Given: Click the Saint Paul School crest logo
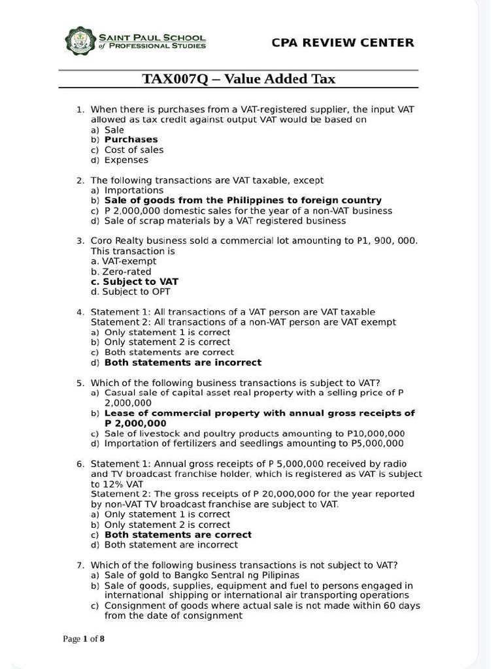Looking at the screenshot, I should click(80, 41).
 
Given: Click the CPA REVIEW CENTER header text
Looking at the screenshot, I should click(343, 42).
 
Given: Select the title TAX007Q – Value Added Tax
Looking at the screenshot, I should click(239, 79).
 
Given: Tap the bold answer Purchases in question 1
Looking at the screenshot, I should click(131, 139).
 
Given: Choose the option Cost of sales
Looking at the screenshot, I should click(134, 150).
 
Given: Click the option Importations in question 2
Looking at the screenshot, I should click(134, 190).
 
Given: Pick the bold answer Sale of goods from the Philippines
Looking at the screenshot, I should click(243, 200).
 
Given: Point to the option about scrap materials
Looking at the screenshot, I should click(225, 221).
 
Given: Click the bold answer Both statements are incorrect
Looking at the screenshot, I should click(182, 362).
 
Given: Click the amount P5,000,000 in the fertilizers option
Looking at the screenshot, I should click(377, 444).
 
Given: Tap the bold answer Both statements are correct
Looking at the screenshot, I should click(178, 534).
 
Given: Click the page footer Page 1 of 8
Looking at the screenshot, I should click(84, 638).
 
